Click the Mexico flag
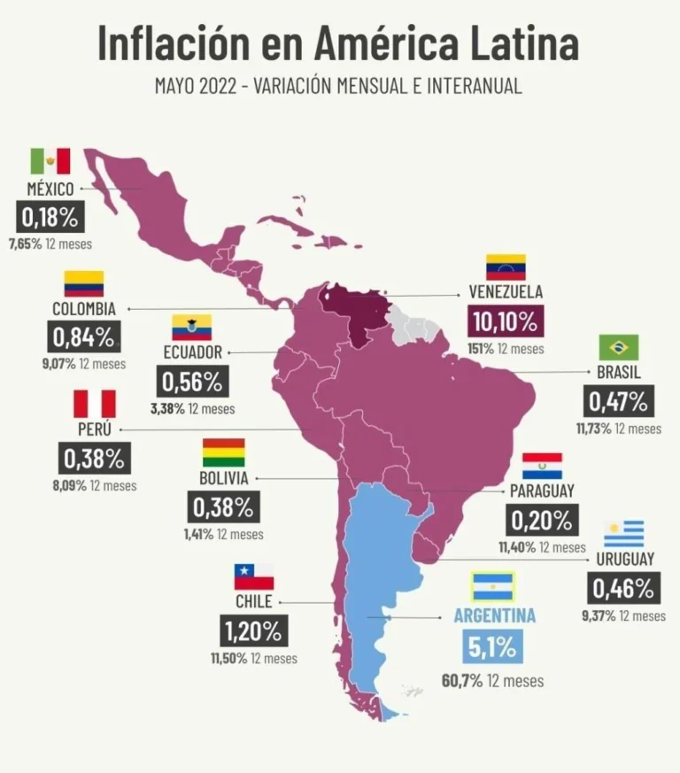pos(50,161)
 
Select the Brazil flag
pos(618,347)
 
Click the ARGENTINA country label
pos(494,615)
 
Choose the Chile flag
pos(254,577)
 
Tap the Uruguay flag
pos(624,534)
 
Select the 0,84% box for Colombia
pos(83,337)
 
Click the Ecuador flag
pos(191,327)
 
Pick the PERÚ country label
pos(94,429)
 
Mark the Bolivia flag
pos(223,452)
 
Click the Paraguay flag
pos(542,466)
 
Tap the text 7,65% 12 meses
pos(50,243)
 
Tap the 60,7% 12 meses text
pos(492,681)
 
